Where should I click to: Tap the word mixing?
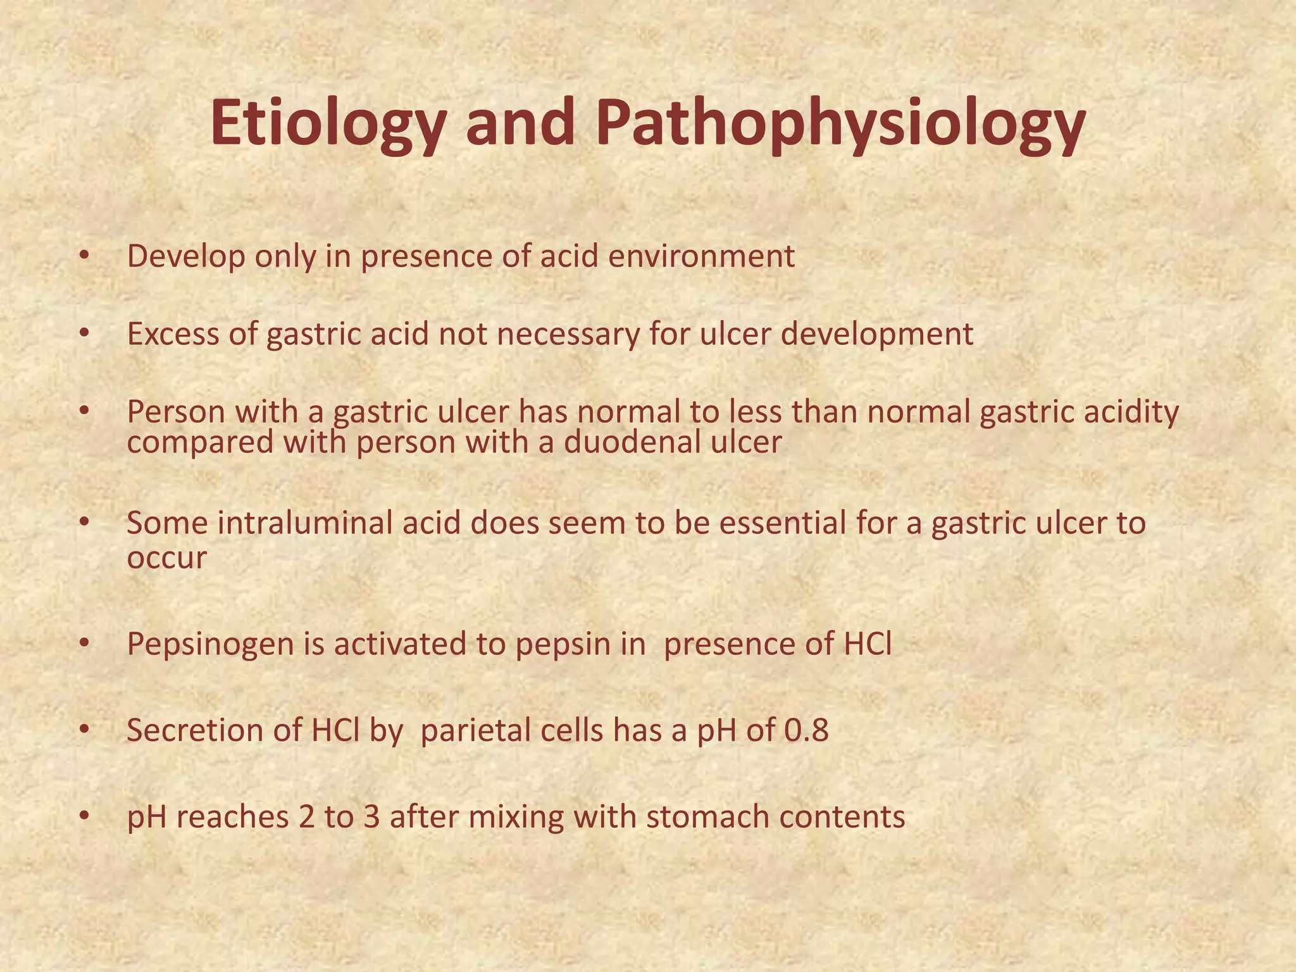point(516,817)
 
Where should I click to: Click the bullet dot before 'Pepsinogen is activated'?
point(85,644)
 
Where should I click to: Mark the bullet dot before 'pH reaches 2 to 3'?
point(85,817)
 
